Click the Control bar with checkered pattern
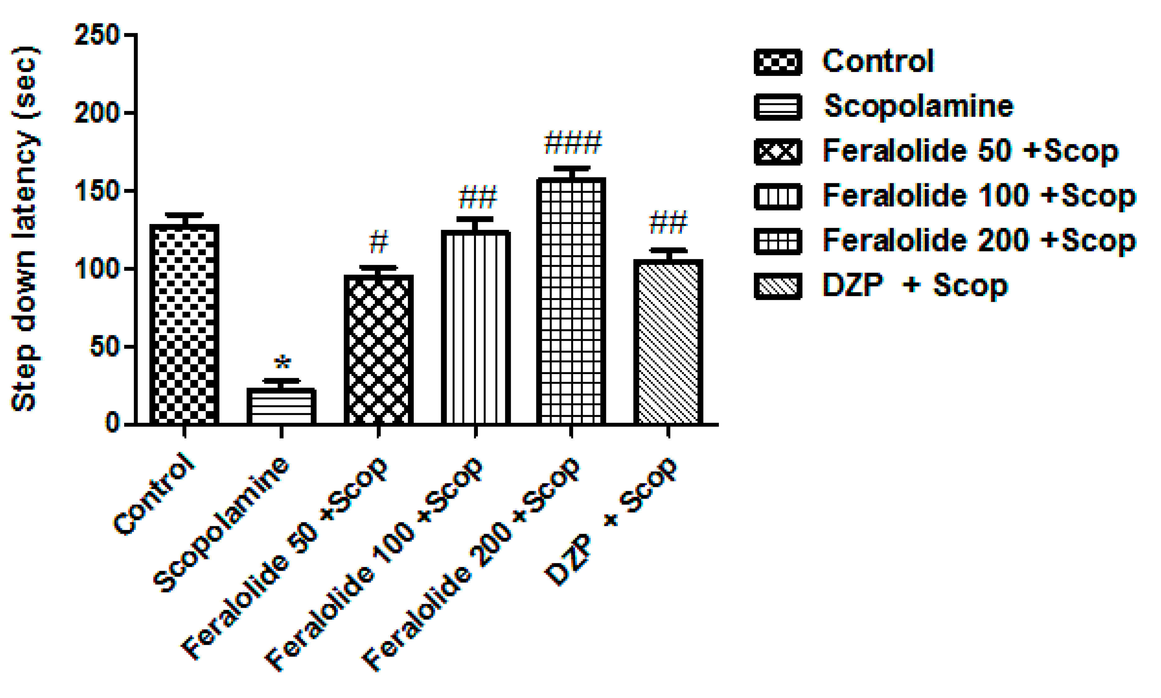184,325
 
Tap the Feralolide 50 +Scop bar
379,350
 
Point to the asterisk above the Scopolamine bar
282,363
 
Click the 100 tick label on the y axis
97,269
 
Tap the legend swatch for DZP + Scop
777,285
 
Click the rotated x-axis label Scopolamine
221,524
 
